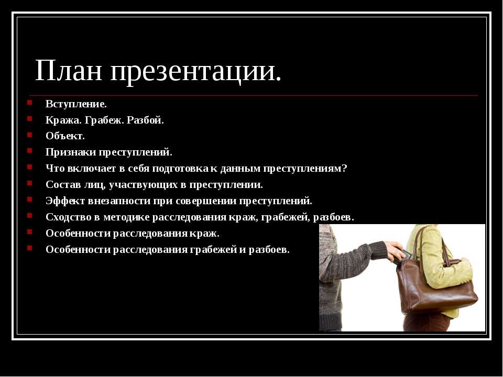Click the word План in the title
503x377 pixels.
(x=69, y=70)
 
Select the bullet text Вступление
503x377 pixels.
(x=76, y=104)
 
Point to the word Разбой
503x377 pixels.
(x=145, y=120)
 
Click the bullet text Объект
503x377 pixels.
(x=65, y=136)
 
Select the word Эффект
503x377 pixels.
(x=65, y=201)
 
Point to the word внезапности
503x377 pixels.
(x=119, y=201)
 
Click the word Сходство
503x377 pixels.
(x=68, y=217)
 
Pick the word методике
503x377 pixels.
(x=126, y=217)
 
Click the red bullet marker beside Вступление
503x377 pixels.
(x=30, y=103)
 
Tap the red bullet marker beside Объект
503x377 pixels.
(x=30, y=135)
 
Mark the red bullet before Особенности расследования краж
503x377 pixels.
(x=30, y=231)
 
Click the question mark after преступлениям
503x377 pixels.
(x=345, y=168)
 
